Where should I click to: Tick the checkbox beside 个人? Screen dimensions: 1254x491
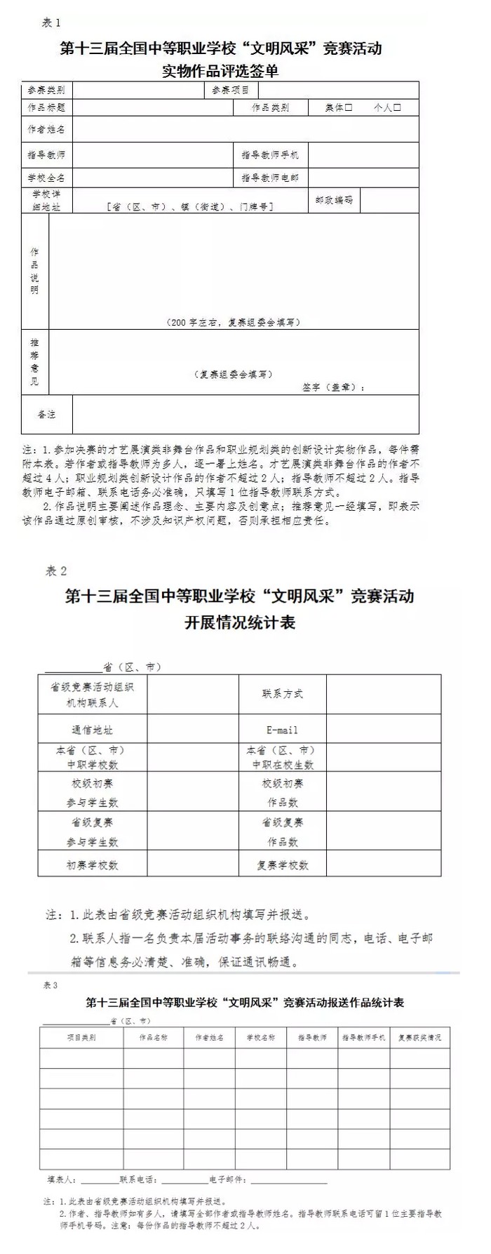coord(397,108)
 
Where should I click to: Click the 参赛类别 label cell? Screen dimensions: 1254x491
coord(46,91)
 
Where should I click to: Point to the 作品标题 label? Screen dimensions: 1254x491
coord(46,108)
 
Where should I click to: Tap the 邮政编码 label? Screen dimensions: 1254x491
coord(334,200)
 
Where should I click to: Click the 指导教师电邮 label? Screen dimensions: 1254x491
coord(270,178)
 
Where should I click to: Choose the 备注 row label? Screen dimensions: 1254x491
coord(46,415)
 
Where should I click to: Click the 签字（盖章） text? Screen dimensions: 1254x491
coord(333,387)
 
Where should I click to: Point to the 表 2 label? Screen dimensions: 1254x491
coord(56,571)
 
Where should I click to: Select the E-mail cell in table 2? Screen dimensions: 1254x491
coord(282,730)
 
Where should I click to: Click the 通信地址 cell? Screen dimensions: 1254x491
coord(92,730)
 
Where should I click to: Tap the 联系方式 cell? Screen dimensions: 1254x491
coord(282,694)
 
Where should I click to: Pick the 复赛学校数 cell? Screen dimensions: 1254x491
coord(282,865)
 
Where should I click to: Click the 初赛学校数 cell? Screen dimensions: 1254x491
coord(92,865)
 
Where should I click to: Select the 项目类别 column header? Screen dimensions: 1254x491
coord(81,1037)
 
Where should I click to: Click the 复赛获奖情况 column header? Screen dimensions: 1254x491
coord(419,1037)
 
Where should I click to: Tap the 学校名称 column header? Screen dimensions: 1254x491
coord(260,1037)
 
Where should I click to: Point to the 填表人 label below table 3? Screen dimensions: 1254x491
coord(62,1180)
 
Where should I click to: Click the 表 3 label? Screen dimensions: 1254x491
coord(51,986)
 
